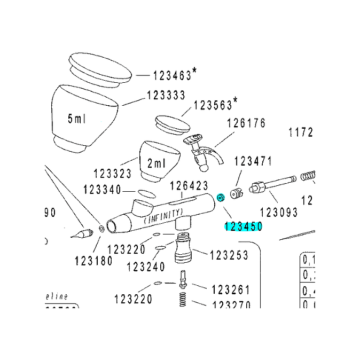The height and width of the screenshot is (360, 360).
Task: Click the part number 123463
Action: pyautogui.click(x=172, y=75)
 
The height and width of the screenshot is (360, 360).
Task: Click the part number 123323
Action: pyautogui.click(x=112, y=174)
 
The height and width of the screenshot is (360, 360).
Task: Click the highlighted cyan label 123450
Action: pyautogui.click(x=243, y=226)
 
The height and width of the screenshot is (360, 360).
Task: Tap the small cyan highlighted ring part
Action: pyautogui.click(x=220, y=199)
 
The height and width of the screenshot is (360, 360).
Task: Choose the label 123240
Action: pyautogui.click(x=146, y=265)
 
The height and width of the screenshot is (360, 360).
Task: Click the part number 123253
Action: pyautogui.click(x=229, y=256)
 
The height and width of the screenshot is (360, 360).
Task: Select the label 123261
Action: pyautogui.click(x=230, y=289)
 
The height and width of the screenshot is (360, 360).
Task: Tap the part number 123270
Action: pyautogui.click(x=230, y=304)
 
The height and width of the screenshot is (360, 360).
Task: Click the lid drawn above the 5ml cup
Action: pyautogui.click(x=101, y=69)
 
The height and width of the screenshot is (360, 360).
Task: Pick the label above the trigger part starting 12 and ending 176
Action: pyautogui.click(x=246, y=124)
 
